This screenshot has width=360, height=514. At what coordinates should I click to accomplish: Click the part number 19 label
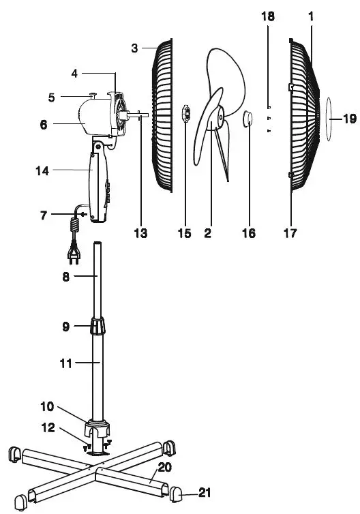[x=349, y=119]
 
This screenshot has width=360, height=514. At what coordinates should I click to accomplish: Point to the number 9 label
[x=65, y=326]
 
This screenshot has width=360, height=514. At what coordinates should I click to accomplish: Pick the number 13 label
[x=140, y=233]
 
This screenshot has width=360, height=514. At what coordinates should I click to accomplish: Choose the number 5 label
[x=52, y=97]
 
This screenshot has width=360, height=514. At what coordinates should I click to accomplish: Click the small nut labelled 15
[x=185, y=113]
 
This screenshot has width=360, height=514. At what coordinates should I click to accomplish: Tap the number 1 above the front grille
[x=311, y=16]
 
